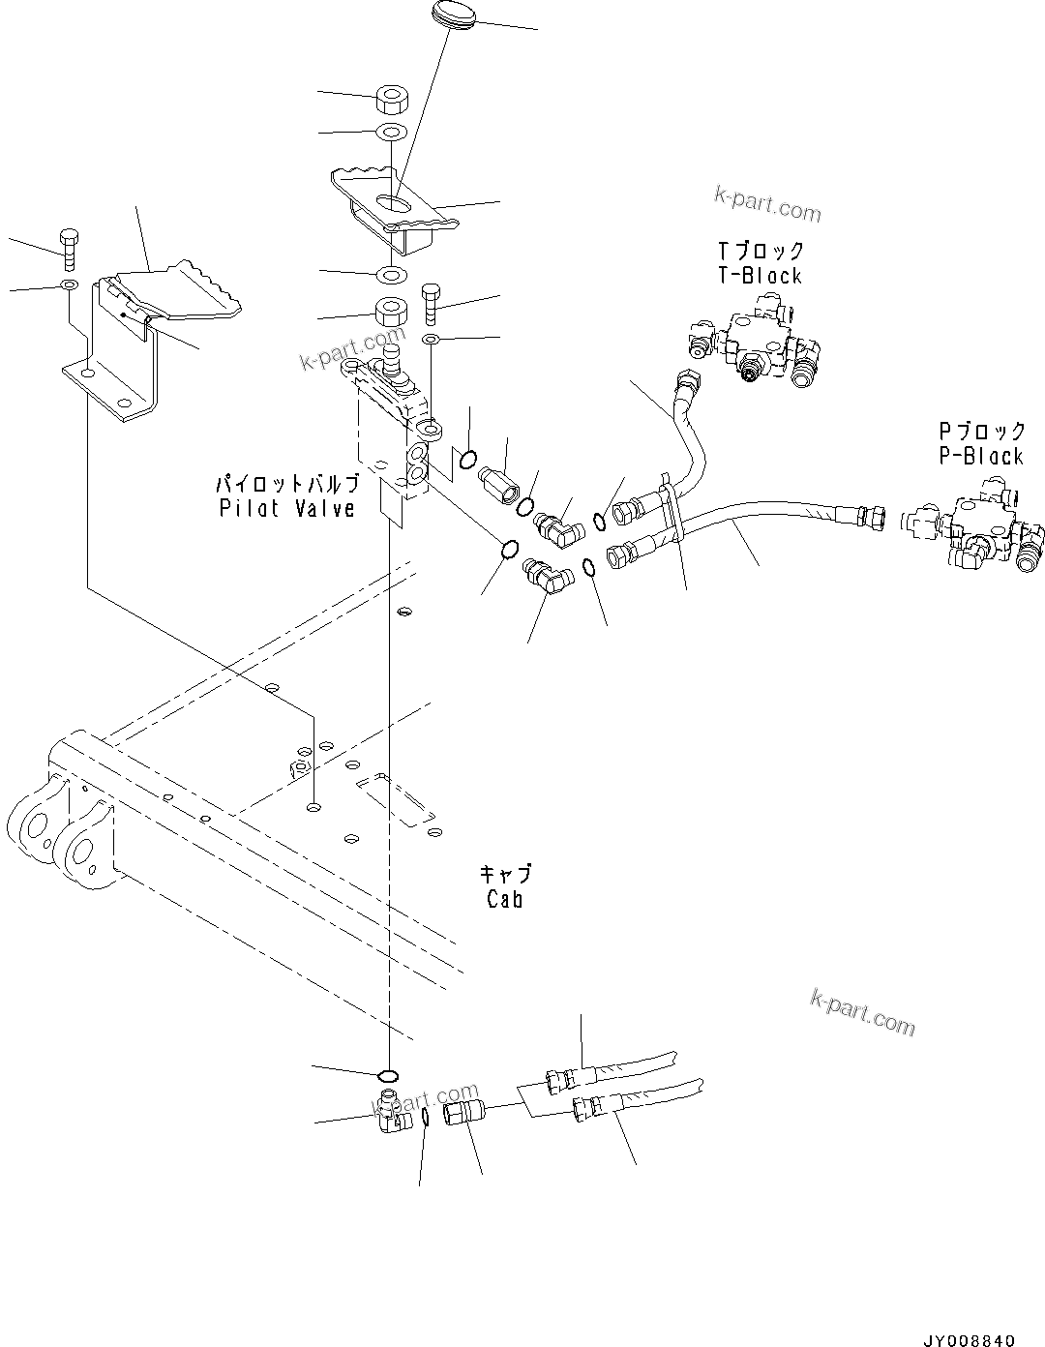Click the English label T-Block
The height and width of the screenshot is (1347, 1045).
(760, 276)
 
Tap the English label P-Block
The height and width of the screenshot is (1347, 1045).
(980, 456)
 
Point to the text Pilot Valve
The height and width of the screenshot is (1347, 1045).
(286, 508)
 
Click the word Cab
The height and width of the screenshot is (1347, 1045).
(505, 899)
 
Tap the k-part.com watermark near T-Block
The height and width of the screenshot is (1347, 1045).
(767, 204)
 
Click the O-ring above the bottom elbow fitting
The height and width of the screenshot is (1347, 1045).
(387, 1075)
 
